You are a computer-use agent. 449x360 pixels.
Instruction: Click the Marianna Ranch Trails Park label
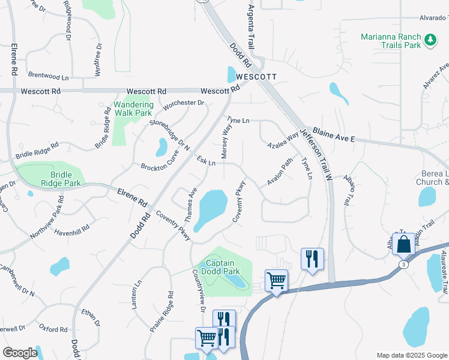[x=390, y=41]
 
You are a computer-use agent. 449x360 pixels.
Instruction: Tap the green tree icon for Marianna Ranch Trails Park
[x=430, y=40]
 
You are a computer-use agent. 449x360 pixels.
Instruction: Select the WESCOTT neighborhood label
[x=256, y=77]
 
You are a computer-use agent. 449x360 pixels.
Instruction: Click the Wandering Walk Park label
[x=133, y=109]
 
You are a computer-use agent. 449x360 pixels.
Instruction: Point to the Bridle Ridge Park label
[x=53, y=179]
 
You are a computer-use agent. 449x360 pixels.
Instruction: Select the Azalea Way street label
[x=283, y=140]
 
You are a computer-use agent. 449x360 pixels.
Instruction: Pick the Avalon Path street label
[x=280, y=172]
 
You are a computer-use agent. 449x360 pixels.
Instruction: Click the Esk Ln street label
[x=206, y=161]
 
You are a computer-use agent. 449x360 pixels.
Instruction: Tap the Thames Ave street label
[x=191, y=205]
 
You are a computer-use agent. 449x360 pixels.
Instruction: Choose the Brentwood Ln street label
[x=48, y=77]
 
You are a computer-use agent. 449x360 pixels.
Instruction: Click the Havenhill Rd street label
[x=71, y=228]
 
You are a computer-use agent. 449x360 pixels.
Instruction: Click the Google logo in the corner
[x=20, y=353]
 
